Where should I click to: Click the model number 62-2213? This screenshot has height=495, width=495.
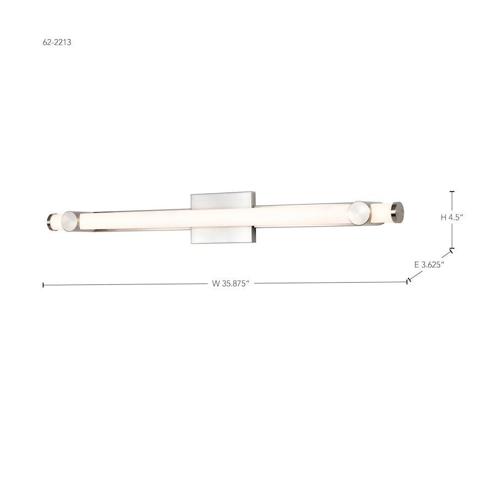click(57, 42)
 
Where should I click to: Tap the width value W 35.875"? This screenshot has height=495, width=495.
click(230, 283)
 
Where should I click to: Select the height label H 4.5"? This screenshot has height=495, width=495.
click(452, 217)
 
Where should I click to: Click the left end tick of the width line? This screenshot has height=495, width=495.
click(43, 285)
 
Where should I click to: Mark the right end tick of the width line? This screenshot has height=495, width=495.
click(407, 281)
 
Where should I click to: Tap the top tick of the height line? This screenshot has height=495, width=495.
click(452, 191)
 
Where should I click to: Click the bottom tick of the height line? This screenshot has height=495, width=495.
click(452, 248)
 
